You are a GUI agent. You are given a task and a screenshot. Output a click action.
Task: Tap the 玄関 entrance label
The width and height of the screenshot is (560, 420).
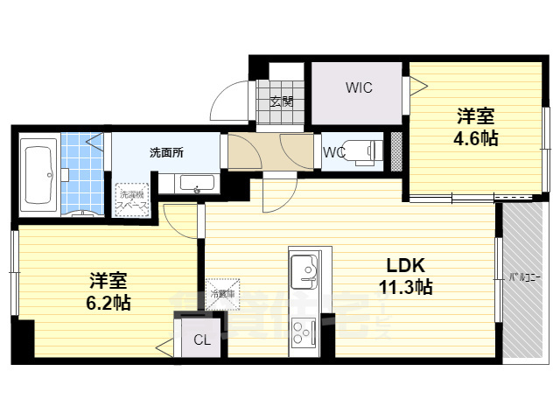(281, 101)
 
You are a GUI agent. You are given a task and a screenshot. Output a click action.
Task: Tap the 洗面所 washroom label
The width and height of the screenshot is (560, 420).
(166, 152)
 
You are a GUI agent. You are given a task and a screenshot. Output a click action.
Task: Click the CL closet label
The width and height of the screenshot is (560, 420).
(201, 339)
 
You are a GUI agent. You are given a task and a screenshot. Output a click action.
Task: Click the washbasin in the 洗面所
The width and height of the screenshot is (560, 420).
(197, 185)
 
